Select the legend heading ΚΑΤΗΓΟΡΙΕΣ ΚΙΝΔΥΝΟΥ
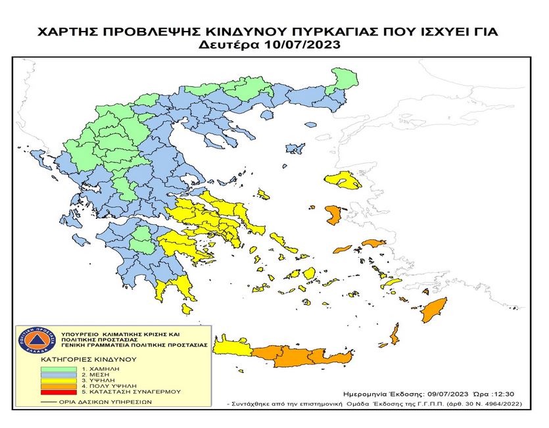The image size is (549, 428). coord(88,360)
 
